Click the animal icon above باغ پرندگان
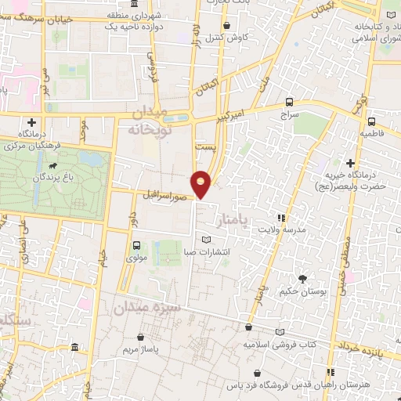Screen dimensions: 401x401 pos(52,166)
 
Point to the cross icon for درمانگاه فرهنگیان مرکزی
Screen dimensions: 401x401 pos(31,122)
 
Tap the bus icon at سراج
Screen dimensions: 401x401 pos(290,102)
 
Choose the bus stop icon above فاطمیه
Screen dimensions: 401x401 pos(371,121)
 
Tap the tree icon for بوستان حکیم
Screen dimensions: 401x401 pos(302,279)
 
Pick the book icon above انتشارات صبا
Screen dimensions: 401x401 pos(207,240)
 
